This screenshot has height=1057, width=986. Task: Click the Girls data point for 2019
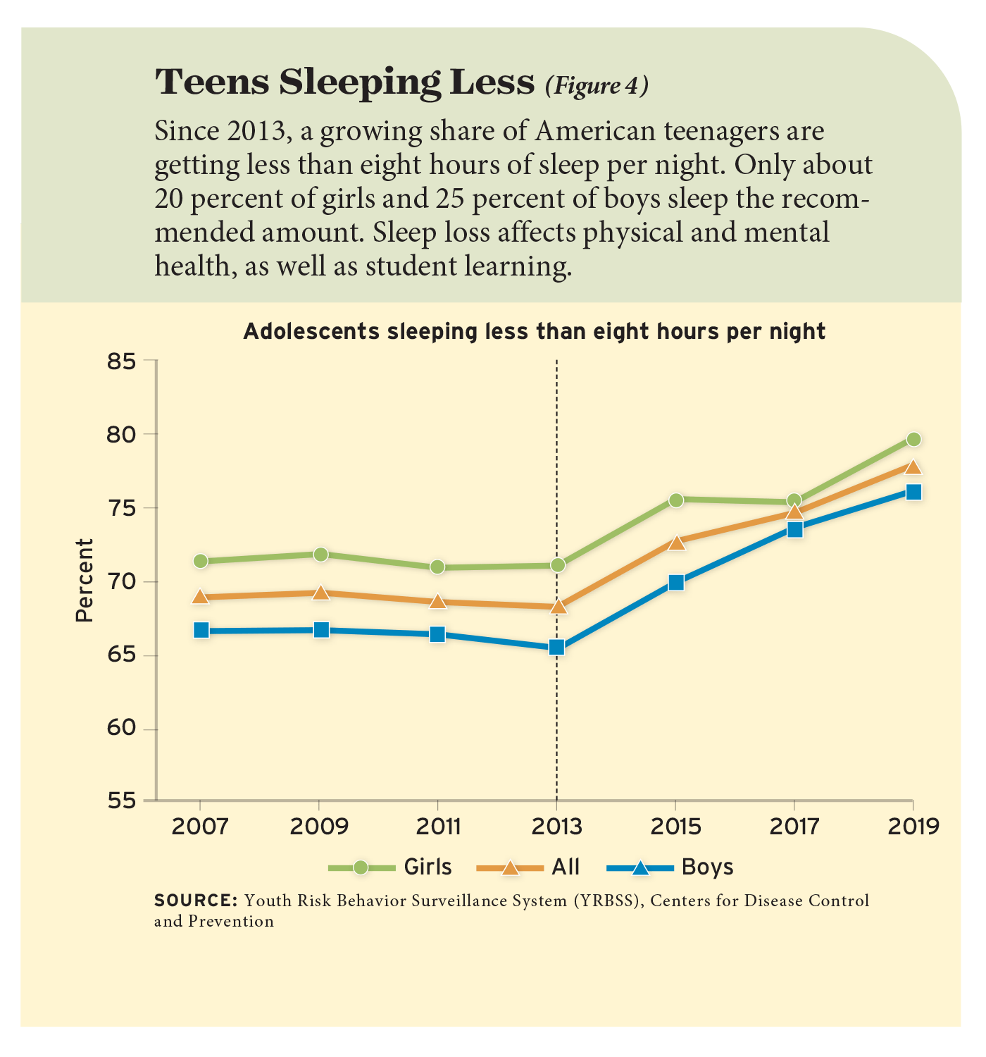(913, 440)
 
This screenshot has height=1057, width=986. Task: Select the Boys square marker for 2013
(556, 647)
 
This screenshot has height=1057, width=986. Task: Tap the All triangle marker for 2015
(676, 542)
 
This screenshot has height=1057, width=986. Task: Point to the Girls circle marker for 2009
(320, 555)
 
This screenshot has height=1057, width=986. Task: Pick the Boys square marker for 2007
(201, 630)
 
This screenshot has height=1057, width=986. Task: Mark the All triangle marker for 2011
(437, 601)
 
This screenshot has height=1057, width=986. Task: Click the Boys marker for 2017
(794, 529)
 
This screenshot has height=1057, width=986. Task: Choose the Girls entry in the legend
(391, 867)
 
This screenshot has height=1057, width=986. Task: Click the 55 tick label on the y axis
(120, 801)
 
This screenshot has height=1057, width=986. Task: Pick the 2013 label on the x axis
(556, 826)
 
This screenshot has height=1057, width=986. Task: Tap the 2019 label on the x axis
(913, 826)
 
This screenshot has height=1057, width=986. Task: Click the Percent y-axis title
(85, 580)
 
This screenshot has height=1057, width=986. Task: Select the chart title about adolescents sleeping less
(534, 331)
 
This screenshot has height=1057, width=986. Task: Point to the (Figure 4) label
(596, 85)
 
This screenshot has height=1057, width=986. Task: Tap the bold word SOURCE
(195, 901)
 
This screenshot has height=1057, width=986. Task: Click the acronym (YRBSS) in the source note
(604, 901)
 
